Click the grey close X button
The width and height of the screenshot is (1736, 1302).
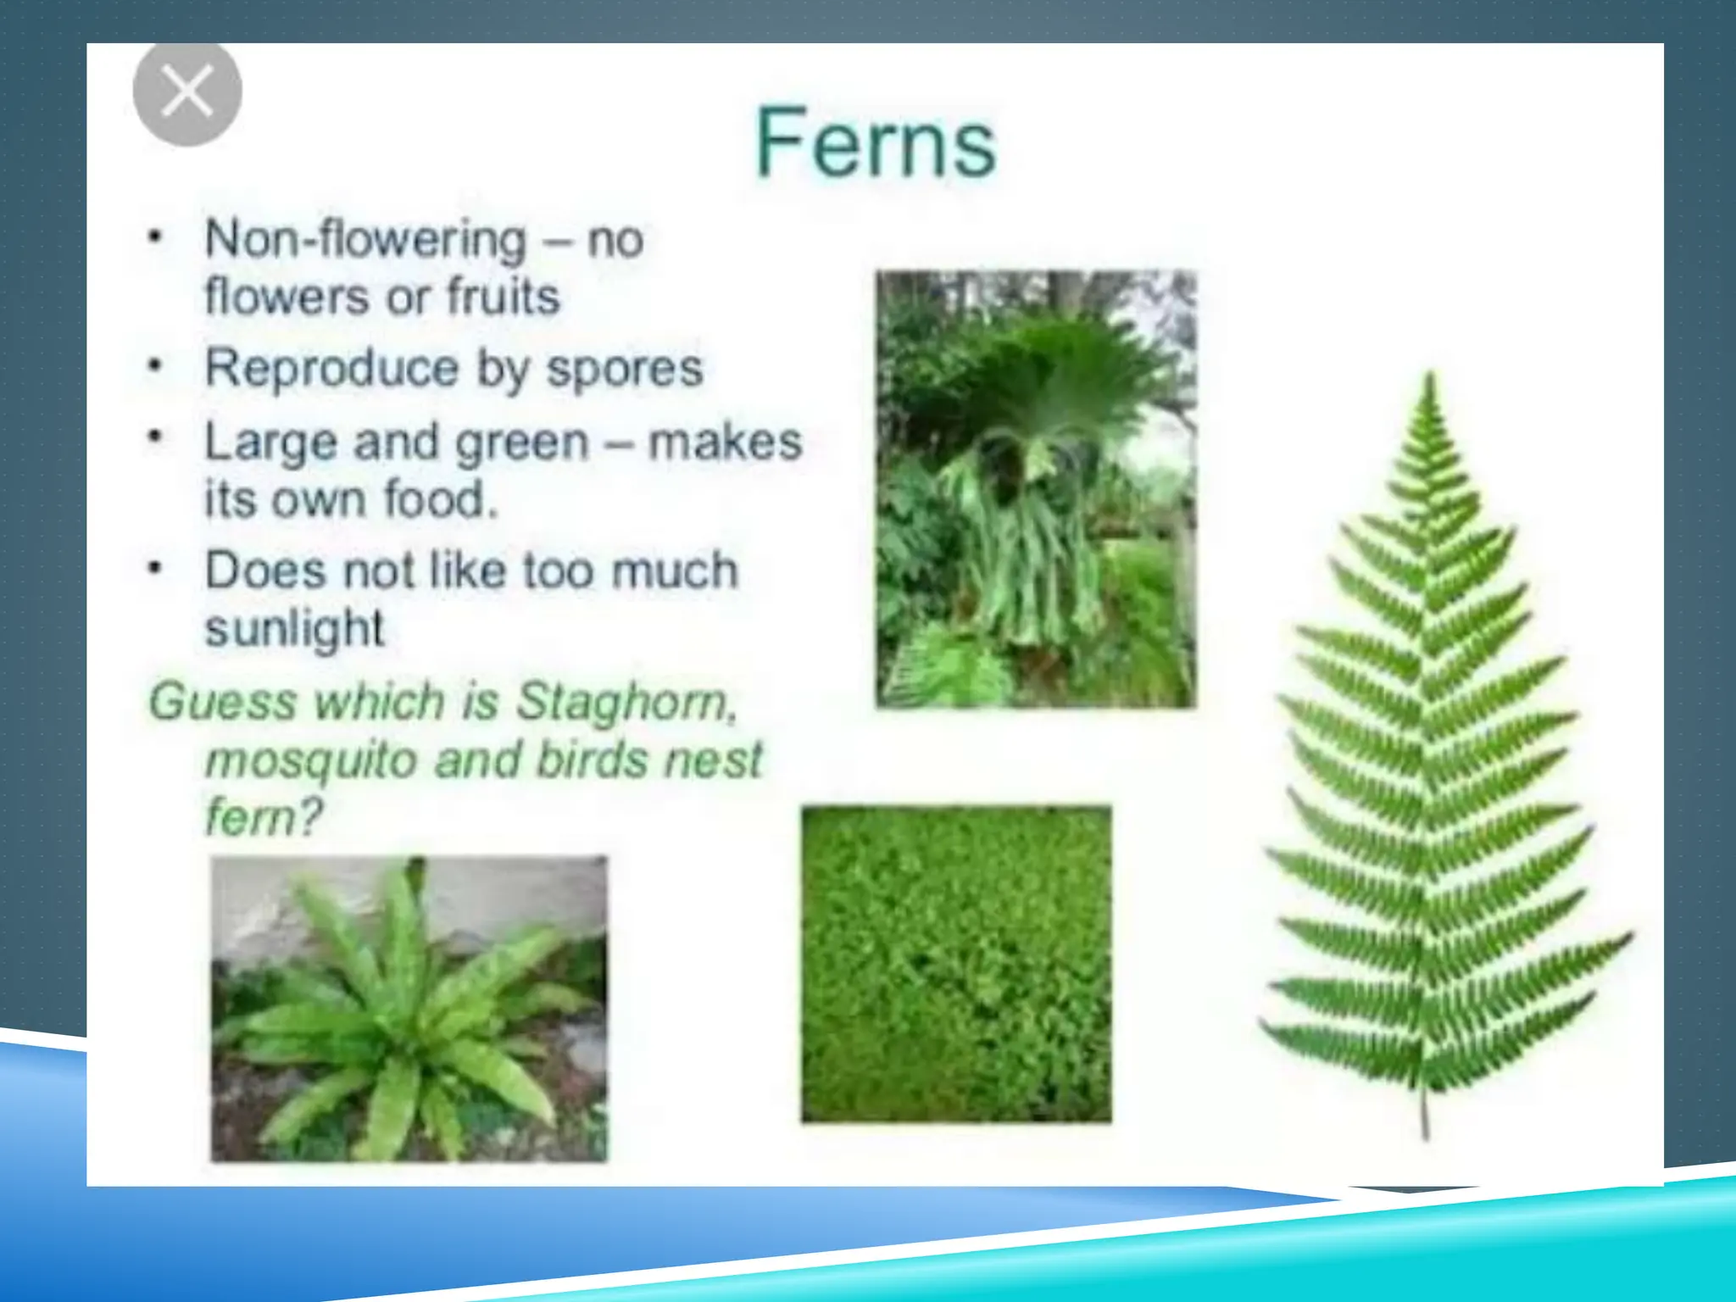coord(187,92)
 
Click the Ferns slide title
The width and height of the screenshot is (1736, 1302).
coord(876,143)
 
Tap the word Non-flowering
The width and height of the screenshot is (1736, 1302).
coord(365,239)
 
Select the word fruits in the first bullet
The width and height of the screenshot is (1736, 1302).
coord(504,297)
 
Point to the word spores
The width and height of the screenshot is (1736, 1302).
coord(625,368)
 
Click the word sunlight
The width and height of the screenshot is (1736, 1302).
coord(295,628)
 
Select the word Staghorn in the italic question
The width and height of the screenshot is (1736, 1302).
coord(626,702)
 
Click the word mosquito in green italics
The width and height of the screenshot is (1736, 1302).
coord(310,759)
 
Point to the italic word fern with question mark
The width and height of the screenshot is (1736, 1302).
coord(264,817)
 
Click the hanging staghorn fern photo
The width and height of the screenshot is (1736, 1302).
coord(1036,489)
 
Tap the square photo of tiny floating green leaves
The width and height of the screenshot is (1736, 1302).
coord(956,965)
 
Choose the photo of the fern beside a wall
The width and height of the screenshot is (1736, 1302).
coord(409,1009)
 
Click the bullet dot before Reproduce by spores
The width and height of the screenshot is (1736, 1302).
coord(154,367)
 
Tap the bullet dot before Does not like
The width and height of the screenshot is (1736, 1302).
coord(154,569)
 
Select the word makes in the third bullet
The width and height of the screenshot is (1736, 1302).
coord(725,442)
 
